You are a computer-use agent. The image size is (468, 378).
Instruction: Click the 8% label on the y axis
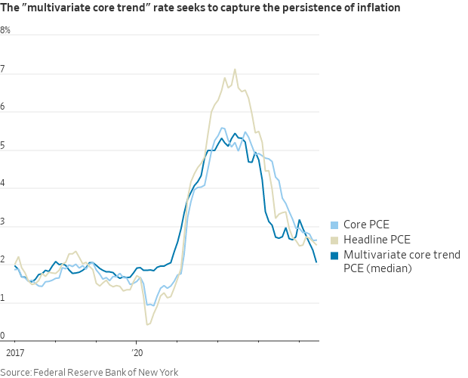pos(6,30)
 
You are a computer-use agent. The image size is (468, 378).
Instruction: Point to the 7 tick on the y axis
pos(3,70)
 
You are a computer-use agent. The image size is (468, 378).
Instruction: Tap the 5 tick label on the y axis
pos(3,146)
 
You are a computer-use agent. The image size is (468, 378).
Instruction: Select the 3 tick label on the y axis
pos(3,222)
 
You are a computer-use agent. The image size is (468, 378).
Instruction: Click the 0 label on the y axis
pos(3,336)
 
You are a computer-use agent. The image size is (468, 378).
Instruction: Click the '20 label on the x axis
pos(137,353)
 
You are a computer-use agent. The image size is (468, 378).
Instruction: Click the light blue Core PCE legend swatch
pos(334,225)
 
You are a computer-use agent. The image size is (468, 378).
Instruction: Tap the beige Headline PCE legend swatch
pos(334,240)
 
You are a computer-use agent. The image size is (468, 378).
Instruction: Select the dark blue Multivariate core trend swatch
pos(334,254)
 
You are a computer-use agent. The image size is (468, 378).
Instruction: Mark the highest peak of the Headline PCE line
pos(235,70)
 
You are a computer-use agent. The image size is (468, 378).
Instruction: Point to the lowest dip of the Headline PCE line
pos(147,325)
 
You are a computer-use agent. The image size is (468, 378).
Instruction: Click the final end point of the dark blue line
pos(316,262)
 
